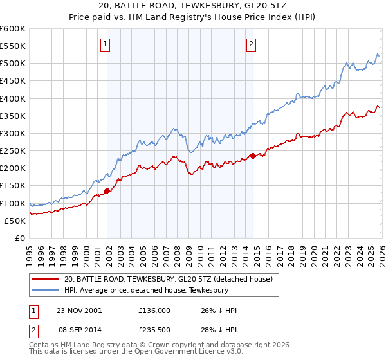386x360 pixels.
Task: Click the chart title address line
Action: click(192, 6)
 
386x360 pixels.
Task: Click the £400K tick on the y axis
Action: click(13, 98)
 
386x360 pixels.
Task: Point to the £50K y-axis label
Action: click(15, 221)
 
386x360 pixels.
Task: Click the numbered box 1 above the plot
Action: click(105, 44)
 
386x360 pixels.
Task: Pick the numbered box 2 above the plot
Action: click(251, 44)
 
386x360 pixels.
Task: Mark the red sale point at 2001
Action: click(107, 190)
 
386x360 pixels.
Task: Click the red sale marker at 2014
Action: click(253, 156)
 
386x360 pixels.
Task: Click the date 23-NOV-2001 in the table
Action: click(78, 310)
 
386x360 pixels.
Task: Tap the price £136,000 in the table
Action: click(154, 310)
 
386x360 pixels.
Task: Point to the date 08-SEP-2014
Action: click(78, 330)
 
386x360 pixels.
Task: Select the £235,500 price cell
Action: click(154, 330)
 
